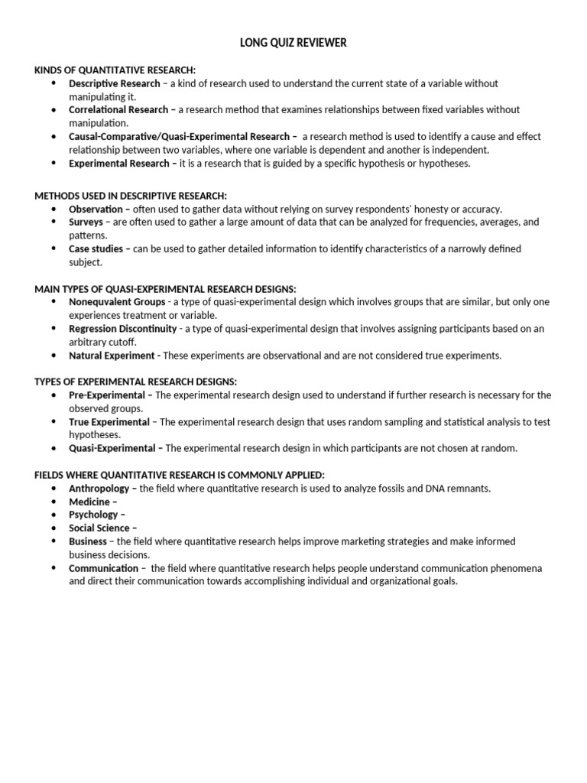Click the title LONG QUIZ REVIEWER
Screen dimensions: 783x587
[x=293, y=44]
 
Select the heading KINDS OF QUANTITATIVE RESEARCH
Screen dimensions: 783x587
[x=115, y=70]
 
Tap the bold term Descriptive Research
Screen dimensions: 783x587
[x=115, y=83]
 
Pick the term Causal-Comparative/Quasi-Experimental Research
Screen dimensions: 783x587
[x=179, y=137]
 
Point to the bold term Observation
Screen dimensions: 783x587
[x=96, y=209]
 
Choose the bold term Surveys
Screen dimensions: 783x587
[x=86, y=222]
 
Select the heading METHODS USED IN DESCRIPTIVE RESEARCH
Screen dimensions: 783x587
[x=131, y=196]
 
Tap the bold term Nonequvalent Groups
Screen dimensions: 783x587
[x=117, y=302]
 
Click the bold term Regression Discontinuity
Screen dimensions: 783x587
[x=122, y=329]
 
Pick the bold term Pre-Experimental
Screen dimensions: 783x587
[x=106, y=395]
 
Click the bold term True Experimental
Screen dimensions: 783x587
[x=109, y=422]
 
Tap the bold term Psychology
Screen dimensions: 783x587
[x=93, y=515]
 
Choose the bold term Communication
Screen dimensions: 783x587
[x=103, y=568]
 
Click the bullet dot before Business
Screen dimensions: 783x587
[x=54, y=541]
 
